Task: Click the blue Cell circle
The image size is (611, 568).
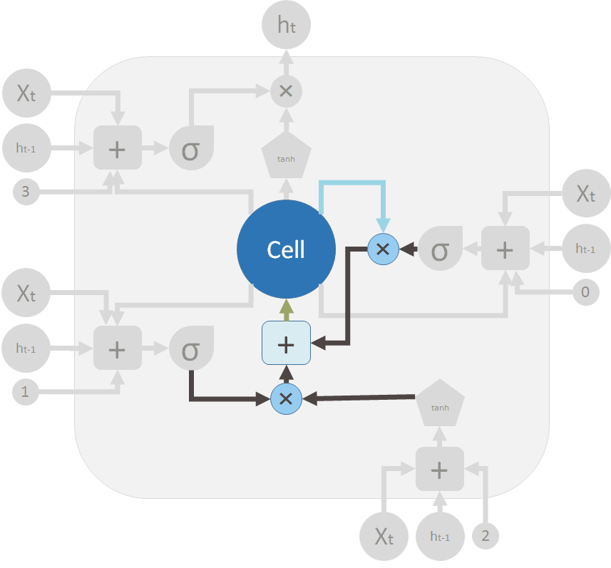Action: coord(286,249)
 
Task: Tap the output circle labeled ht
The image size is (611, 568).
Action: coord(286,26)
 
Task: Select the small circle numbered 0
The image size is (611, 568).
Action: coord(585,291)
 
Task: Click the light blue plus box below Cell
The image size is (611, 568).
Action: coord(286,344)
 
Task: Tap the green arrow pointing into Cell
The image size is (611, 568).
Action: coord(286,309)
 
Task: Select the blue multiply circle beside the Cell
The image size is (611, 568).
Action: coord(382,249)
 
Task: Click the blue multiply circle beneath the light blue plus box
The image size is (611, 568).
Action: coord(286,398)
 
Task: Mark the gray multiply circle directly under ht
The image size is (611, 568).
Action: coord(286,91)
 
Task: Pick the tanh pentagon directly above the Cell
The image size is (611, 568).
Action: coord(286,156)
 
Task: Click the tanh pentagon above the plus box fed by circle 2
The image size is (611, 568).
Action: coord(440,405)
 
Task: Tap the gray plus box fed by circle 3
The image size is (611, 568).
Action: coord(118,149)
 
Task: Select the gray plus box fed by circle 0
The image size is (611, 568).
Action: coord(505,249)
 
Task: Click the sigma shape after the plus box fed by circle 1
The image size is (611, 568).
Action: coord(190,348)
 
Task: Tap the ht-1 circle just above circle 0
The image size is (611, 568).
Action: coord(585,249)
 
